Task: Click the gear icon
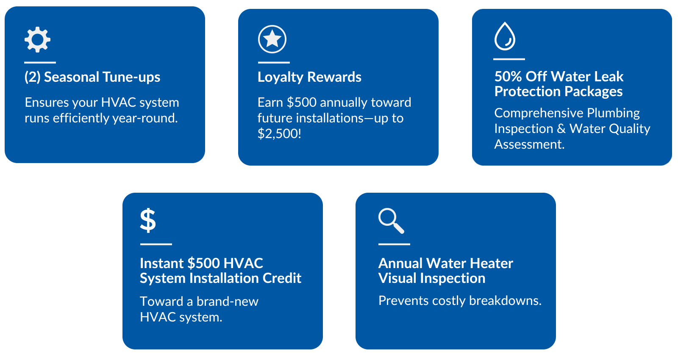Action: (38, 40)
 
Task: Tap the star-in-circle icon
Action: (272, 39)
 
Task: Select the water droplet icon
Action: (505, 36)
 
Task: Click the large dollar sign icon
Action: (148, 221)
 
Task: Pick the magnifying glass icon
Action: (391, 221)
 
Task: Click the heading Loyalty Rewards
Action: (309, 77)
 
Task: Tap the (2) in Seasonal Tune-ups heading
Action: (32, 77)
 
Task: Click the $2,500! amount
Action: (279, 134)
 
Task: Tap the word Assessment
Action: (529, 144)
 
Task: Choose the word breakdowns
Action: (505, 301)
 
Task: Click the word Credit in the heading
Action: (282, 278)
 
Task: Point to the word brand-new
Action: (227, 302)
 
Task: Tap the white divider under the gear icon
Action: (40, 63)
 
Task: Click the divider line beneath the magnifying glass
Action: (394, 244)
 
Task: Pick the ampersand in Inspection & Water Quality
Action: (561, 129)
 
